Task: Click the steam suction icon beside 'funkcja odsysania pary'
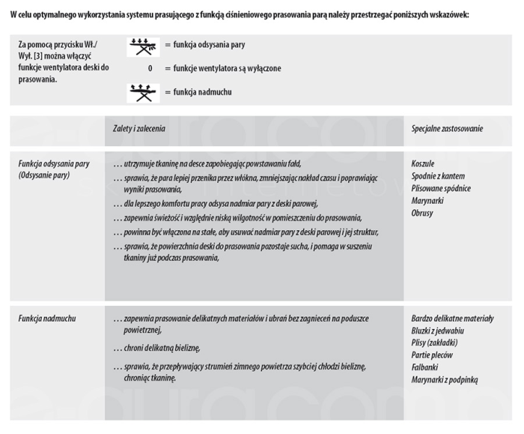pos(143,47)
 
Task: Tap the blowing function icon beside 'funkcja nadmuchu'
pos(143,93)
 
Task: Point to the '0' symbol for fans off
pos(150,68)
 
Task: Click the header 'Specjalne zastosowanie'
pos(447,129)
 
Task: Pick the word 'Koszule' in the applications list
pos(423,163)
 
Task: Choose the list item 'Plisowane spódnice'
pos(441,189)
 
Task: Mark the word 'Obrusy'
pos(422,214)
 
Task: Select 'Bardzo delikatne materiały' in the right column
pos(452,319)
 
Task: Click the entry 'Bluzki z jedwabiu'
pos(438,331)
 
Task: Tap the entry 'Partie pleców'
pos(432,355)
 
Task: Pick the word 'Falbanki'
pos(424,368)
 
